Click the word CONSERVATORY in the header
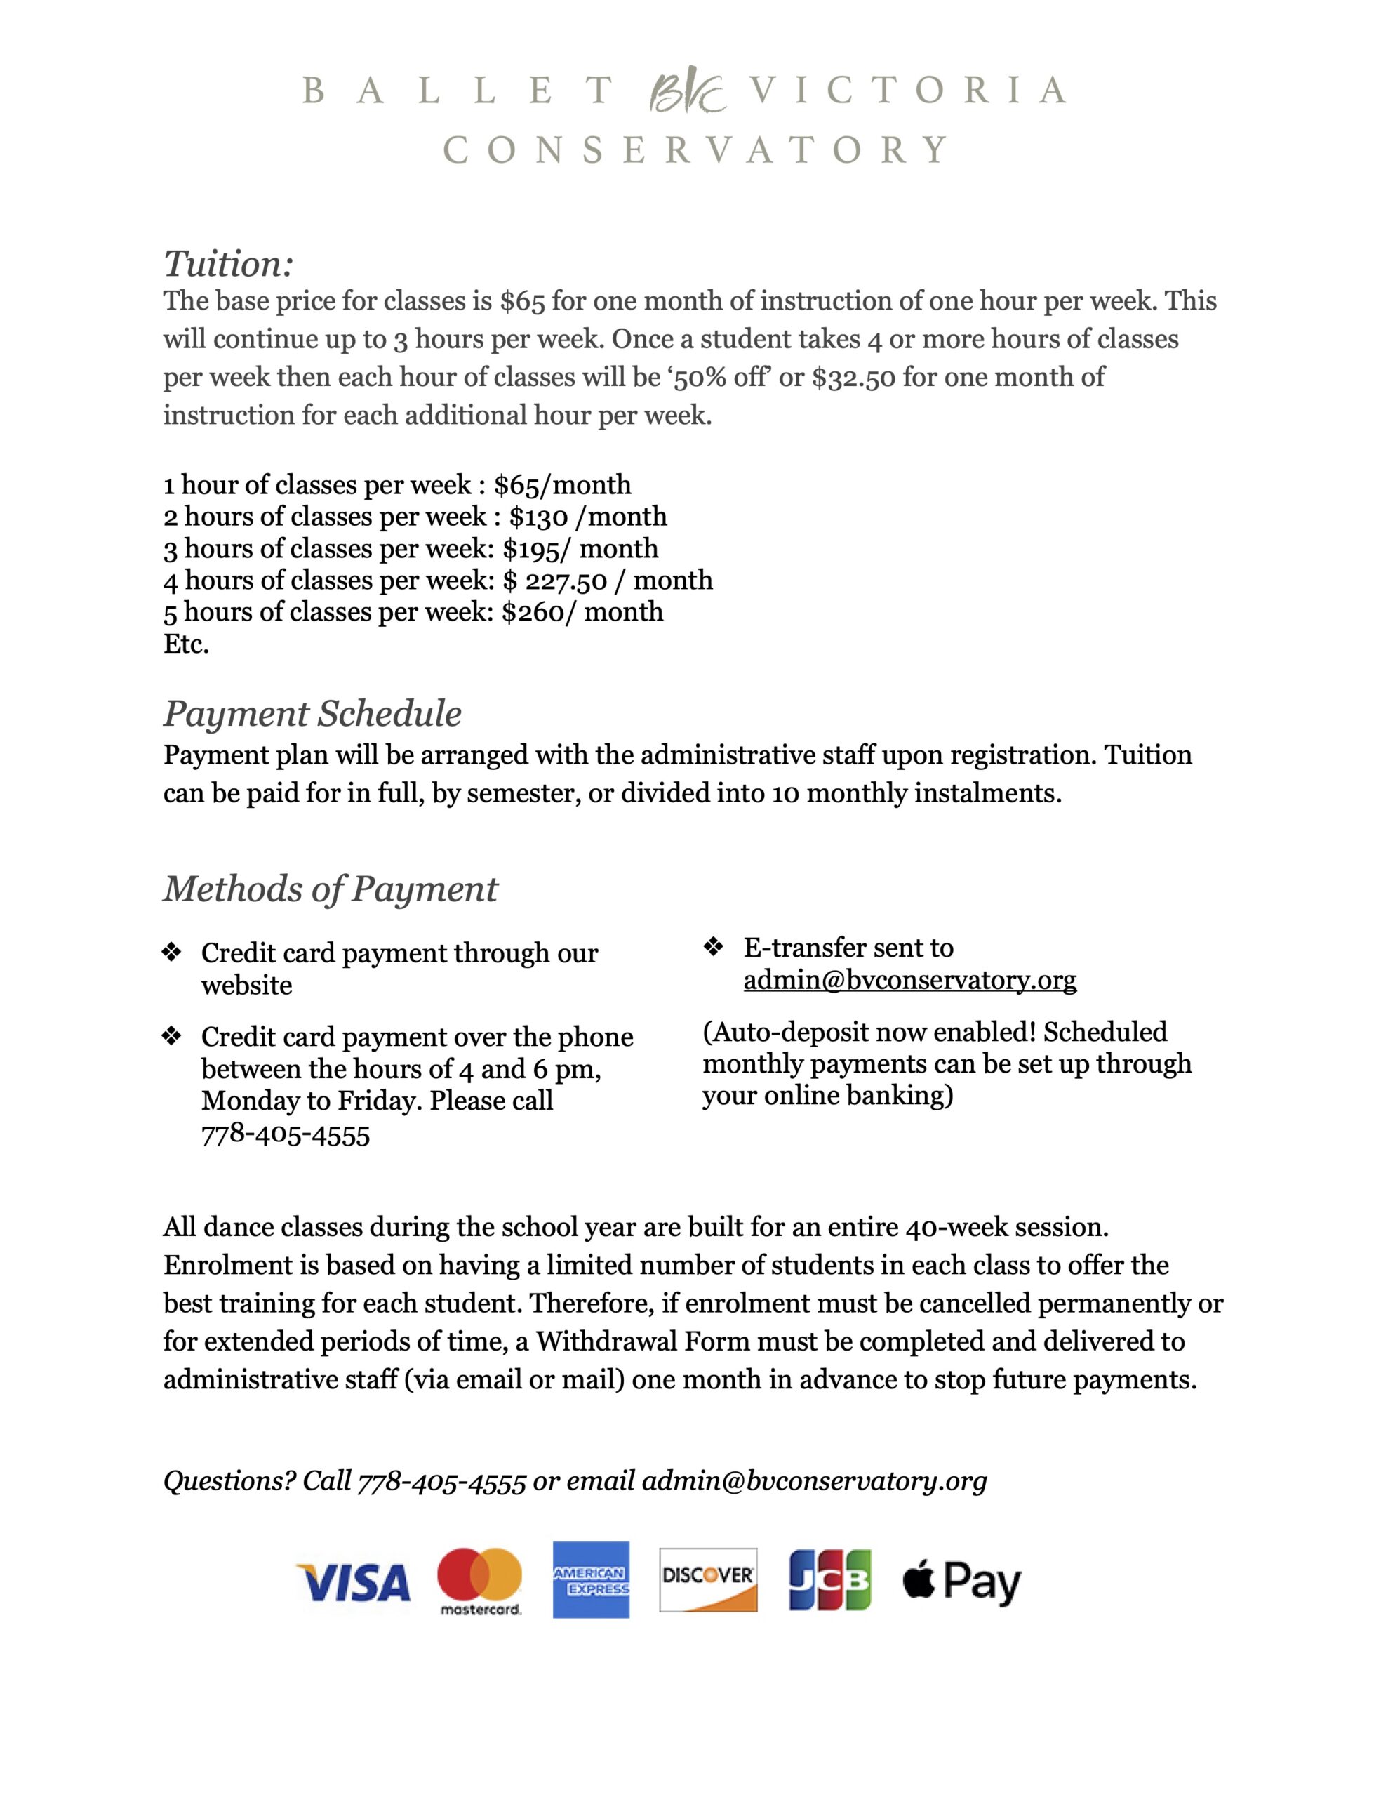(696, 151)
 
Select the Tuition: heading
(228, 264)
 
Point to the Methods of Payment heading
(330, 889)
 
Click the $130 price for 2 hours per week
(538, 517)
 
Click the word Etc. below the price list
(186, 644)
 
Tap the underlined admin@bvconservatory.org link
(910, 980)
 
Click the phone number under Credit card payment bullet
(286, 1136)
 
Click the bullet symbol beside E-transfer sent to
(712, 947)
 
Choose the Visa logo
(353, 1582)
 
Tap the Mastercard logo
(481, 1582)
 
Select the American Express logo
(591, 1580)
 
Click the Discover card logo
(707, 1580)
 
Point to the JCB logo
(829, 1580)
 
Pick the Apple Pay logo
(962, 1582)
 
